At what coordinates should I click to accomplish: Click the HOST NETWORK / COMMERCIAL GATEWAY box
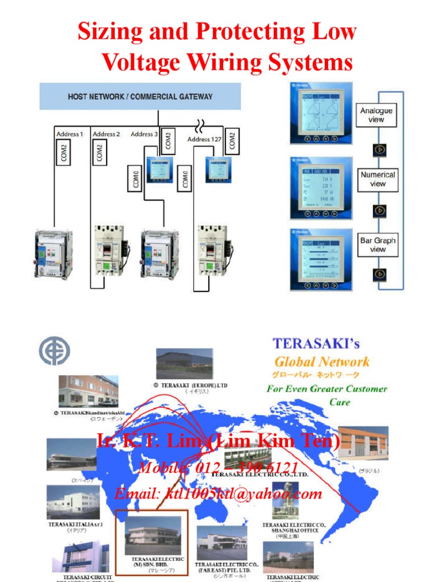(140, 96)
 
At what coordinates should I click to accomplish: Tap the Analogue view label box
(376, 115)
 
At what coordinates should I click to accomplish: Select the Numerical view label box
(378, 179)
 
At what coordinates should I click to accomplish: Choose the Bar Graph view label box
(378, 244)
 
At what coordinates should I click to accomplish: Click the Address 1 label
(70, 134)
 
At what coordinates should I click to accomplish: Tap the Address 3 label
(144, 134)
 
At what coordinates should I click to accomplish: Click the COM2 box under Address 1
(65, 153)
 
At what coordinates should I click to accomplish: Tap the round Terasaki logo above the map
(54, 351)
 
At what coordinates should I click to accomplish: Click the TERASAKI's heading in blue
(316, 343)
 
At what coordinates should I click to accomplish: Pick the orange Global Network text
(322, 361)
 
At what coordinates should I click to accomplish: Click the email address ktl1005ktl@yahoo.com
(218, 493)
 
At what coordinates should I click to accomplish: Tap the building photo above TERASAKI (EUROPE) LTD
(185, 364)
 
